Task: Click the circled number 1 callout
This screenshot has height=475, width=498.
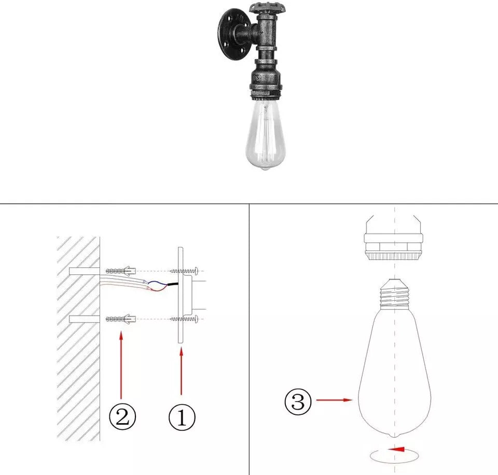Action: point(182,417)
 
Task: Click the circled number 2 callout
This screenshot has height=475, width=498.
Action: point(122,416)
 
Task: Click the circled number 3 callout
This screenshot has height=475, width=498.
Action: point(298,401)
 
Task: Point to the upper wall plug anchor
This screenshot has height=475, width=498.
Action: point(121,271)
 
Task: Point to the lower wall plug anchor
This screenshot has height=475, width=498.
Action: point(121,319)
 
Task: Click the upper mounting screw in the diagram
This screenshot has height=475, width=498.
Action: point(184,271)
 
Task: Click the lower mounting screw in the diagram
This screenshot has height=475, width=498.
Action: point(184,319)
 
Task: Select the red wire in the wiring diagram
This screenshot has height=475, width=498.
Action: point(157,289)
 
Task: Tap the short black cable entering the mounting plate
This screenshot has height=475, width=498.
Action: point(173,284)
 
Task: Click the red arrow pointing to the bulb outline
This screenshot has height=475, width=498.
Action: point(335,400)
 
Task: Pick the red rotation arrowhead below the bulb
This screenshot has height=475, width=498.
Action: point(396,449)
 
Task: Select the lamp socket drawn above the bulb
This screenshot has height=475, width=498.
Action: point(394,238)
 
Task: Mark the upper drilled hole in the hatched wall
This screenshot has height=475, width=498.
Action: point(85,271)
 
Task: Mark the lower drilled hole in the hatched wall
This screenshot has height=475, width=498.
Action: point(85,319)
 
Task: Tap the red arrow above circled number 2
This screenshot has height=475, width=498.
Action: point(121,365)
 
